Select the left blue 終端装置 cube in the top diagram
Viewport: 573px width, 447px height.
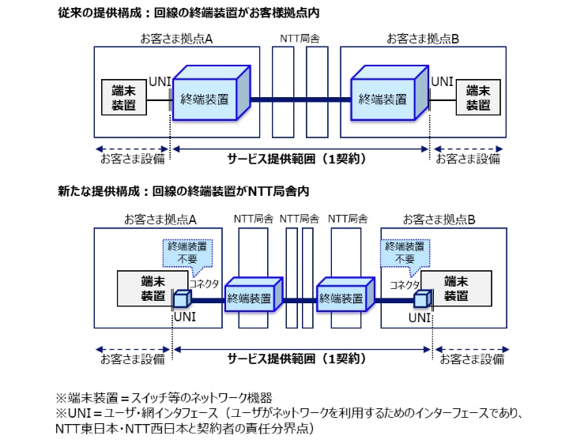tap(209, 96)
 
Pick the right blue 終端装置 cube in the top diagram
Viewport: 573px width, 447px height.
tap(388, 96)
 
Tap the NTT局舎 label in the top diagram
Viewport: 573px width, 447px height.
tap(300, 39)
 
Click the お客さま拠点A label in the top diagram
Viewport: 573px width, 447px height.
tap(176, 39)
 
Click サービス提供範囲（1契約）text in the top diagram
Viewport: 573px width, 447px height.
tap(300, 158)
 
